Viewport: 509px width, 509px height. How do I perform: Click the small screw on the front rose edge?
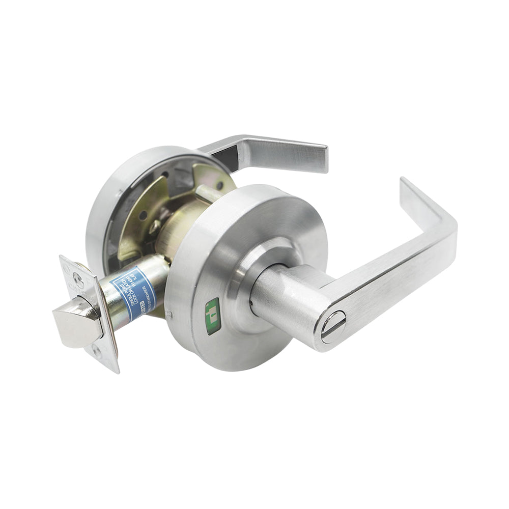point(172,312)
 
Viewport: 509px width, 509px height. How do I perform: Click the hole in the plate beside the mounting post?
point(219,185)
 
